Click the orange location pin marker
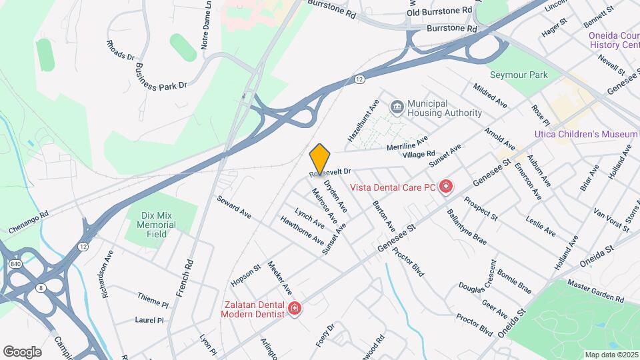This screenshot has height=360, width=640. point(320,159)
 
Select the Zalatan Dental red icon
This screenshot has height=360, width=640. point(294,309)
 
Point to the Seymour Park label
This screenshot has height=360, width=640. point(519,75)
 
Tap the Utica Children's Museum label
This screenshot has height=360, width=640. point(586,134)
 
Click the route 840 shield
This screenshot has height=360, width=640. point(15,265)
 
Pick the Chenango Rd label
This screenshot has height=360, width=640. point(29,223)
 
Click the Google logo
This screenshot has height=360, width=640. point(22,351)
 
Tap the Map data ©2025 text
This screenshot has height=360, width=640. point(610,355)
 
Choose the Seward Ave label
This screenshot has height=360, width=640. point(234,207)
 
